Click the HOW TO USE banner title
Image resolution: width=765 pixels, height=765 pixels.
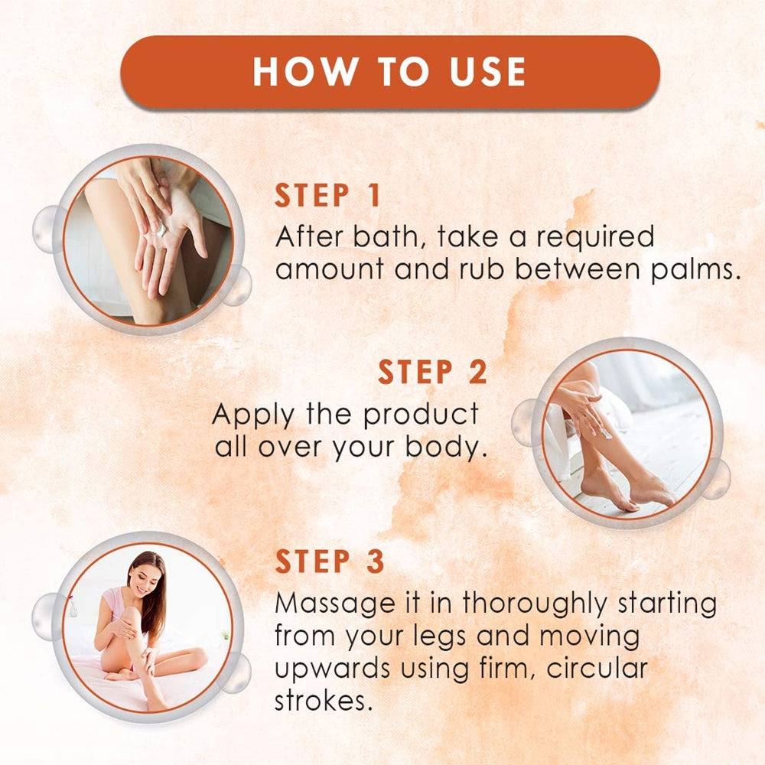click(389, 72)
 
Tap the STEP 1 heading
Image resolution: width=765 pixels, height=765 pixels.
click(327, 196)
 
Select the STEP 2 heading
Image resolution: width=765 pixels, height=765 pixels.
click(432, 373)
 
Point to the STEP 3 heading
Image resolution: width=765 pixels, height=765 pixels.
click(329, 561)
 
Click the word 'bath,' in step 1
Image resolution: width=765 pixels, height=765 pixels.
click(386, 236)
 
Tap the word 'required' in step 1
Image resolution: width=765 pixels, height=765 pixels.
click(596, 238)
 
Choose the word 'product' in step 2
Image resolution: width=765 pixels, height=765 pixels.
click(421, 415)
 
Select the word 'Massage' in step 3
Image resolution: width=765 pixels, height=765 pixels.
click(335, 604)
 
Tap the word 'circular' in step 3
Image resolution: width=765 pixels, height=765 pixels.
click(597, 668)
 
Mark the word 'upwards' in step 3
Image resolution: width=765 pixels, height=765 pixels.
click(333, 669)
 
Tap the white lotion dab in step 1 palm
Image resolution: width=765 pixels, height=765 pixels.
click(161, 228)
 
